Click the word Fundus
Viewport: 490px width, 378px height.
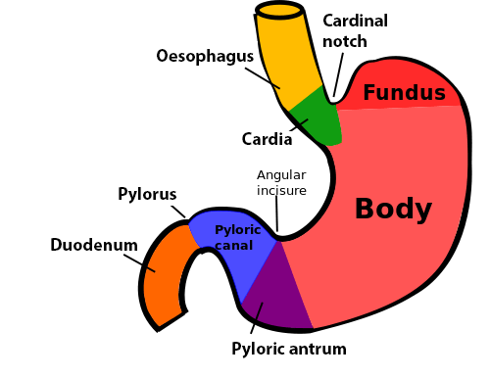(x=404, y=92)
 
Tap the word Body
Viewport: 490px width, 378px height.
(x=393, y=209)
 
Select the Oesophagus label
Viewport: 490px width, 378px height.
(x=205, y=56)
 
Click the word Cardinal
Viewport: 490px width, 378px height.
(x=355, y=21)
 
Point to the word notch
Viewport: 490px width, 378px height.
(x=345, y=41)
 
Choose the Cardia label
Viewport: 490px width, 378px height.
(x=267, y=139)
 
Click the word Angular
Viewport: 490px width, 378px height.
(x=281, y=175)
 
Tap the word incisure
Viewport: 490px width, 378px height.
(x=281, y=190)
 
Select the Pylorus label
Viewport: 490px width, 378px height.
(x=147, y=194)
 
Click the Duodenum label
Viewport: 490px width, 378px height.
(x=94, y=245)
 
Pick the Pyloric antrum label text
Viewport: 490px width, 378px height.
(x=289, y=349)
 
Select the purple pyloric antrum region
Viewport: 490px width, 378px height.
(x=276, y=294)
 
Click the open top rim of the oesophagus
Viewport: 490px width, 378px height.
(x=279, y=10)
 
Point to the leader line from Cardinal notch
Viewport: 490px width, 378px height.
(x=338, y=74)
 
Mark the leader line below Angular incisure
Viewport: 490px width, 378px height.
(x=276, y=213)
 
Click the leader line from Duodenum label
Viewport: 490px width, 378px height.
(x=139, y=262)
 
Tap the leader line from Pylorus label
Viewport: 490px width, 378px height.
(x=178, y=212)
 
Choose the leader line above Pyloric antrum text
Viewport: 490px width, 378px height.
(x=257, y=318)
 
